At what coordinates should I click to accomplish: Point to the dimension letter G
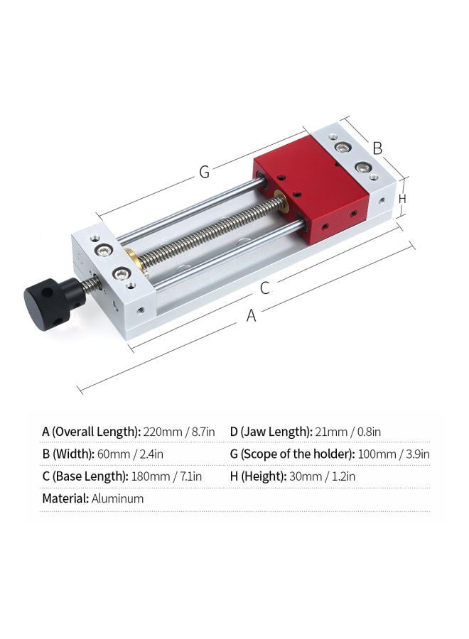tap(205, 172)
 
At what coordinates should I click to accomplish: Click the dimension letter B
tap(377, 148)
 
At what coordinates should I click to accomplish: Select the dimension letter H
tap(402, 199)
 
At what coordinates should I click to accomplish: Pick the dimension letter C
tap(264, 288)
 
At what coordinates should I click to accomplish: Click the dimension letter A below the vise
tap(252, 315)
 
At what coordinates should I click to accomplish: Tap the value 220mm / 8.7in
tap(178, 432)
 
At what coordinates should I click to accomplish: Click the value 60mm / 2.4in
tap(130, 454)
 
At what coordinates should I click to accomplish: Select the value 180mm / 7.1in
tap(166, 476)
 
